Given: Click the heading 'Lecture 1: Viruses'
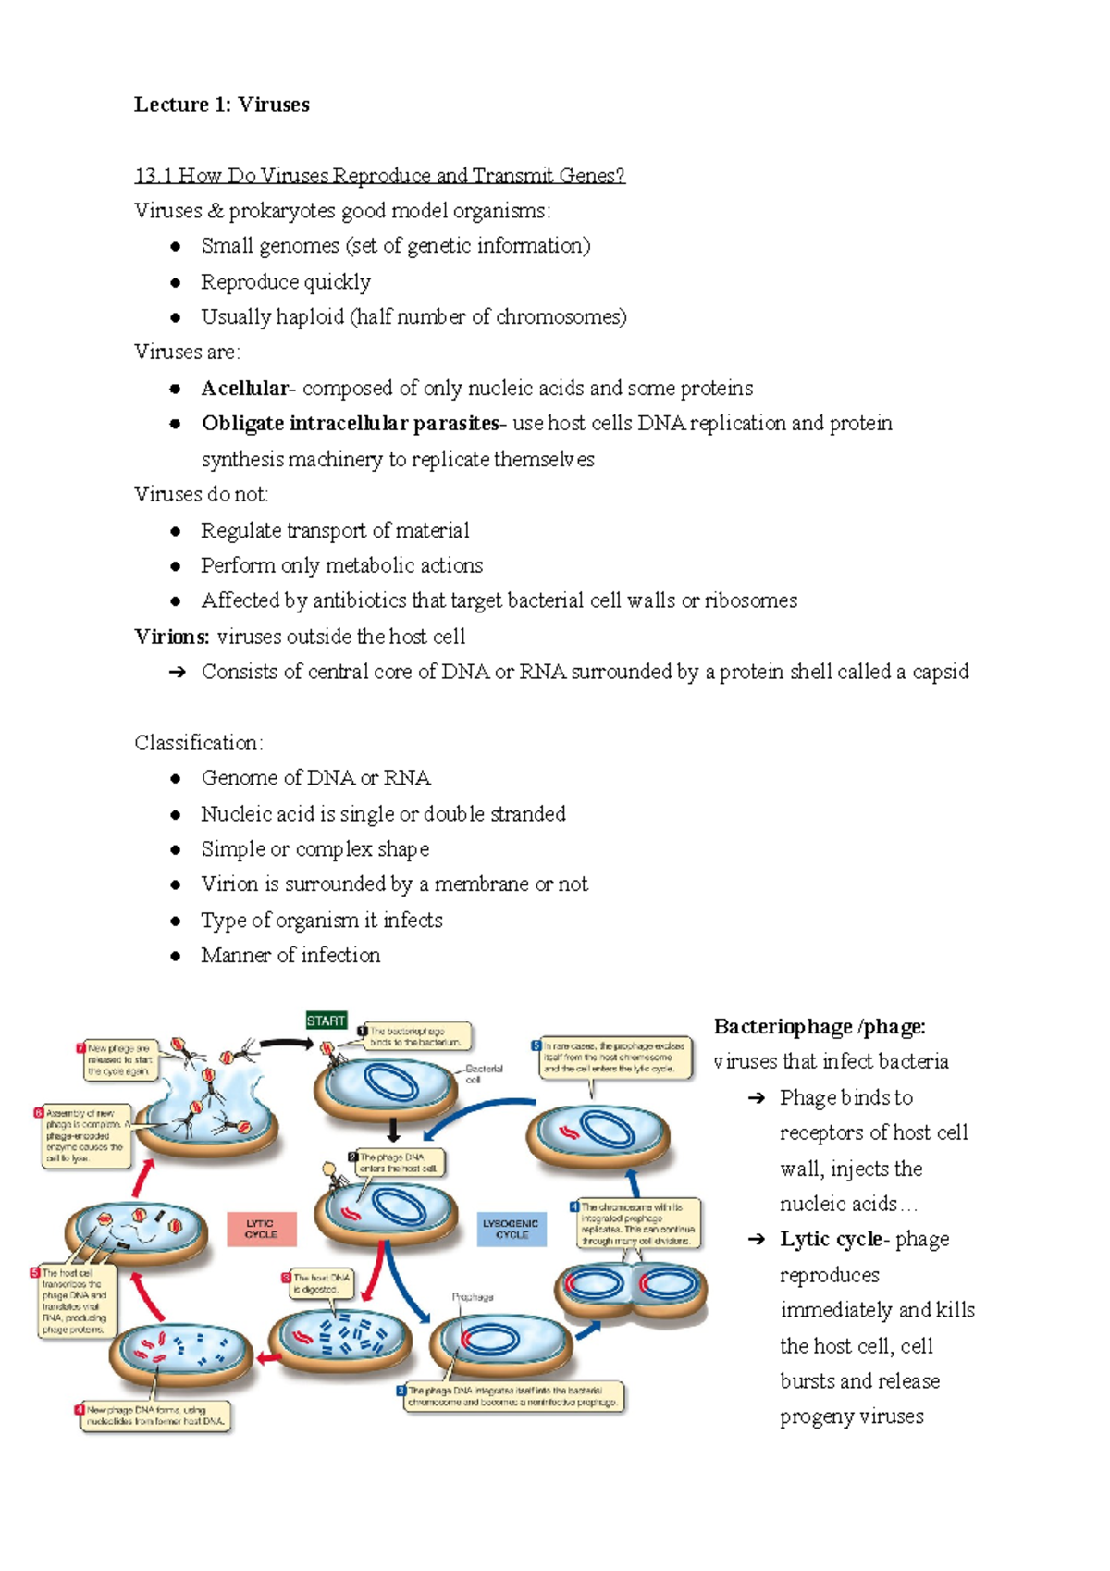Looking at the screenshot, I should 221,105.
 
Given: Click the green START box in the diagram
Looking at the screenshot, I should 326,1021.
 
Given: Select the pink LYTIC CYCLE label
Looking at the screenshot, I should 262,1229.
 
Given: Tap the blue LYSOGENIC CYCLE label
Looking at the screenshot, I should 512,1229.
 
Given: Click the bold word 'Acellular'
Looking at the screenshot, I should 245,388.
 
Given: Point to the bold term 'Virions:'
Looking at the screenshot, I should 172,637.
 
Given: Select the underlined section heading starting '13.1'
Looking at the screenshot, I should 379,176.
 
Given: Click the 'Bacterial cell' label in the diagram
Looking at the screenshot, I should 485,1073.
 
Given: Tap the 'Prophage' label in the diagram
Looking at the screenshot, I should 473,1297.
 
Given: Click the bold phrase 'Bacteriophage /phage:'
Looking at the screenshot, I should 820,1026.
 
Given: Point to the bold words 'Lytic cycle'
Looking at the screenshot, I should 831,1239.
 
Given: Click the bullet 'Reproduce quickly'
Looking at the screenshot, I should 286,281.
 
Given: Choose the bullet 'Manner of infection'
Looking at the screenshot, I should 290,955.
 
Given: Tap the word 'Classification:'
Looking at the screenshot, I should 199,743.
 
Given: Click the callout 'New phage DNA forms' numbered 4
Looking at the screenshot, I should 154,1416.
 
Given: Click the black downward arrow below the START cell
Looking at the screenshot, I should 393,1130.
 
